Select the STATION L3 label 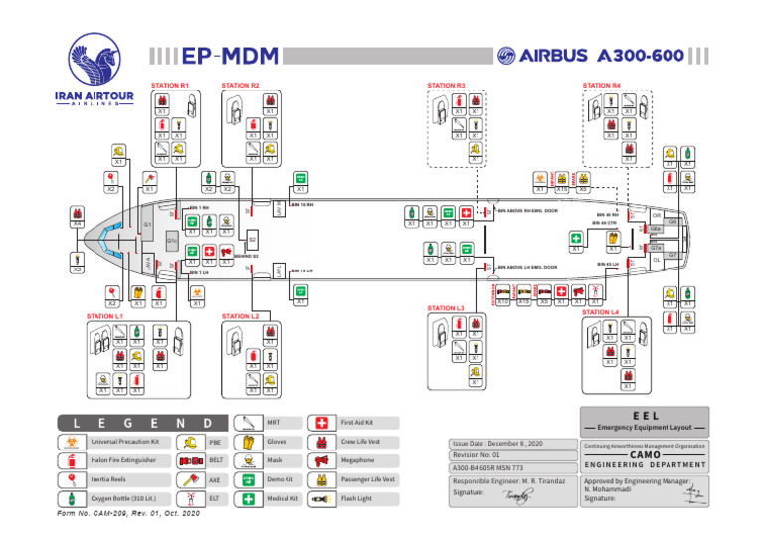click(x=446, y=308)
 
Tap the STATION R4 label click(x=602, y=86)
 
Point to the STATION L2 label click(x=241, y=316)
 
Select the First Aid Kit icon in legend click(x=321, y=423)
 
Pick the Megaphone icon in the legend click(x=321, y=460)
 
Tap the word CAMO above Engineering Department click(x=646, y=455)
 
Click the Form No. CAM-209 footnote click(x=136, y=513)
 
